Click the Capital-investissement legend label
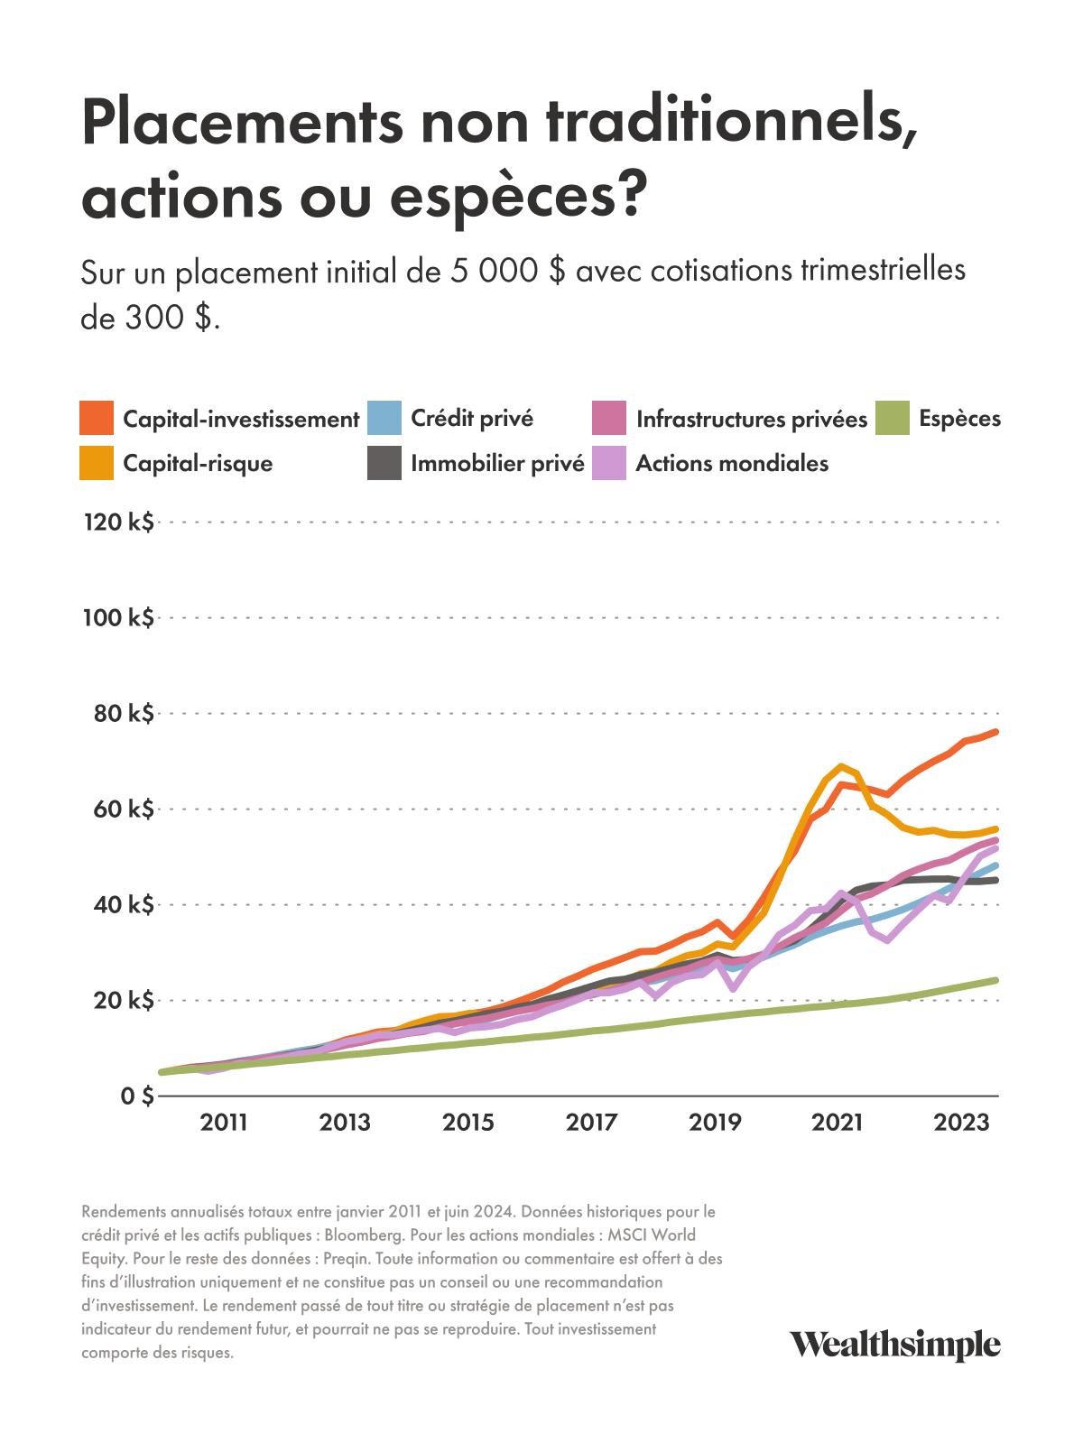click(x=241, y=420)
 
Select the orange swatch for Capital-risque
click(x=97, y=463)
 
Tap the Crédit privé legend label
click(x=472, y=419)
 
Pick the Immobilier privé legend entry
click(x=497, y=464)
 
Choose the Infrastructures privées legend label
click(x=751, y=420)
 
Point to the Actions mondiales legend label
click(x=732, y=464)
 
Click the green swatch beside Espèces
click(x=893, y=419)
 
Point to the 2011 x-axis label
click(x=223, y=1124)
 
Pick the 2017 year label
click(x=591, y=1124)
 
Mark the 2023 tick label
click(x=959, y=1124)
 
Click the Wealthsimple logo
click(x=895, y=1344)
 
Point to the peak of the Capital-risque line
click(x=842, y=766)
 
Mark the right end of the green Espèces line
click(x=996, y=980)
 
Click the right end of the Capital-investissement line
click(x=996, y=732)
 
